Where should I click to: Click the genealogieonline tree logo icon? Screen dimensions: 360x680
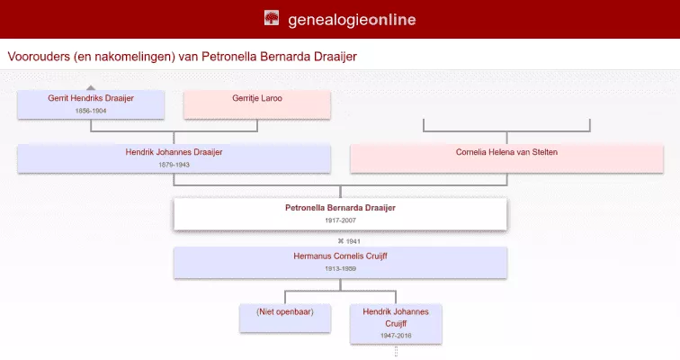click(x=272, y=18)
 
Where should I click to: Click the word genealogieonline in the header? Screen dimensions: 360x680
click(x=352, y=19)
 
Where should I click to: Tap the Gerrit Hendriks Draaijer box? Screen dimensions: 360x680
click(x=91, y=103)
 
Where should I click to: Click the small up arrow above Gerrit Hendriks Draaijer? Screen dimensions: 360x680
click(x=91, y=87)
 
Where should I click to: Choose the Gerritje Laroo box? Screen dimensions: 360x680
click(x=257, y=103)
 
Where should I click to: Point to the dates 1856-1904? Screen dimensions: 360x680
click(x=91, y=110)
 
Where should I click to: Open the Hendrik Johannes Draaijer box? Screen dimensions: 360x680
click(x=174, y=158)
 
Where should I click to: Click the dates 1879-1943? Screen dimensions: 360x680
click(x=174, y=165)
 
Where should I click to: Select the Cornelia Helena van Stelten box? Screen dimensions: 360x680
click(x=506, y=157)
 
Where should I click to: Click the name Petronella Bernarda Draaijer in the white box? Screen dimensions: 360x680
click(x=340, y=208)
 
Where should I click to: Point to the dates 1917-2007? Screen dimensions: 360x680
click(x=340, y=220)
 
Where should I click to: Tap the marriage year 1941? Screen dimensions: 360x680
click(x=353, y=241)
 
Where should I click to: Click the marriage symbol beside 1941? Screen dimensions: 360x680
click(x=341, y=241)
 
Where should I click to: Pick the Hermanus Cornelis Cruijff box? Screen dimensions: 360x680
click(x=340, y=261)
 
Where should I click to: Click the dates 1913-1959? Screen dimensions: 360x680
click(x=340, y=268)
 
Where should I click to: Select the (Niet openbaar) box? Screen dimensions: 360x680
click(x=285, y=318)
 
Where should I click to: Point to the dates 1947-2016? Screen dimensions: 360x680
click(x=396, y=335)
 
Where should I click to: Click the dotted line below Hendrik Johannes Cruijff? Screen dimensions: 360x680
click(x=396, y=352)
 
